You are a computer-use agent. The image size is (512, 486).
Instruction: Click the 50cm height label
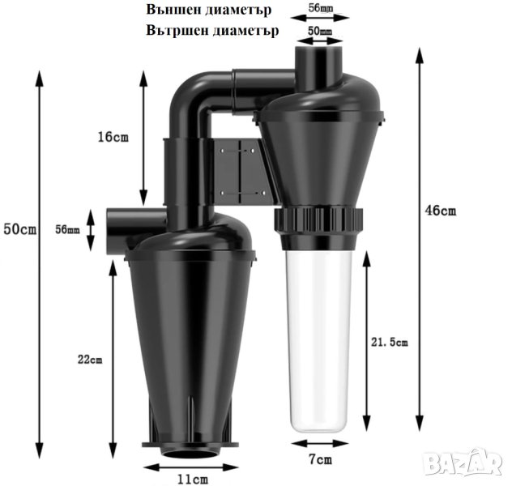(x=20, y=229)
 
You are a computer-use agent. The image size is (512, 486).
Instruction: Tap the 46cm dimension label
(x=440, y=211)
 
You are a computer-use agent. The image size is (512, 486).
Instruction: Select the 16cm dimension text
(x=113, y=137)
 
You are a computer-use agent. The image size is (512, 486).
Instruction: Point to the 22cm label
(x=90, y=360)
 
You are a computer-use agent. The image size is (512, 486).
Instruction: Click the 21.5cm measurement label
(x=389, y=342)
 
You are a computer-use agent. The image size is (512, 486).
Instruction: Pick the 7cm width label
(x=320, y=459)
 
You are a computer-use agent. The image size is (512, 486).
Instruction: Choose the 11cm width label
(x=192, y=480)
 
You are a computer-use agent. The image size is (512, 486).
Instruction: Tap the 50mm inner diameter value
(x=320, y=31)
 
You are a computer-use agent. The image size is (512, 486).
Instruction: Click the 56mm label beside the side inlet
(x=67, y=229)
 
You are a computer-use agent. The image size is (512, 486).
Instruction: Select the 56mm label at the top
(x=320, y=8)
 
